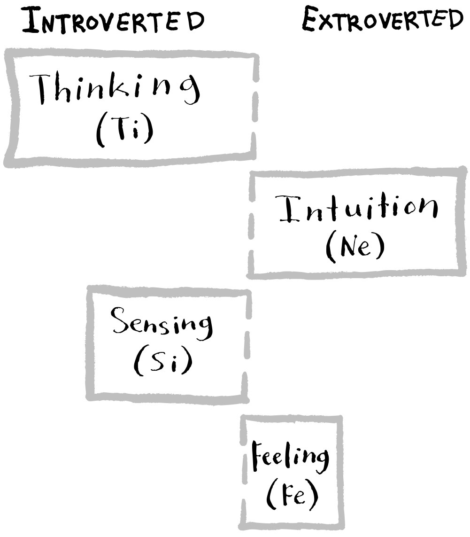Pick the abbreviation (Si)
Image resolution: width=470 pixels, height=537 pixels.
162,362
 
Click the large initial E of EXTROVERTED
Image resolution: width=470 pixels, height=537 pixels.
310,20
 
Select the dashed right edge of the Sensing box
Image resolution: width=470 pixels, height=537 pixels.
246,345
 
